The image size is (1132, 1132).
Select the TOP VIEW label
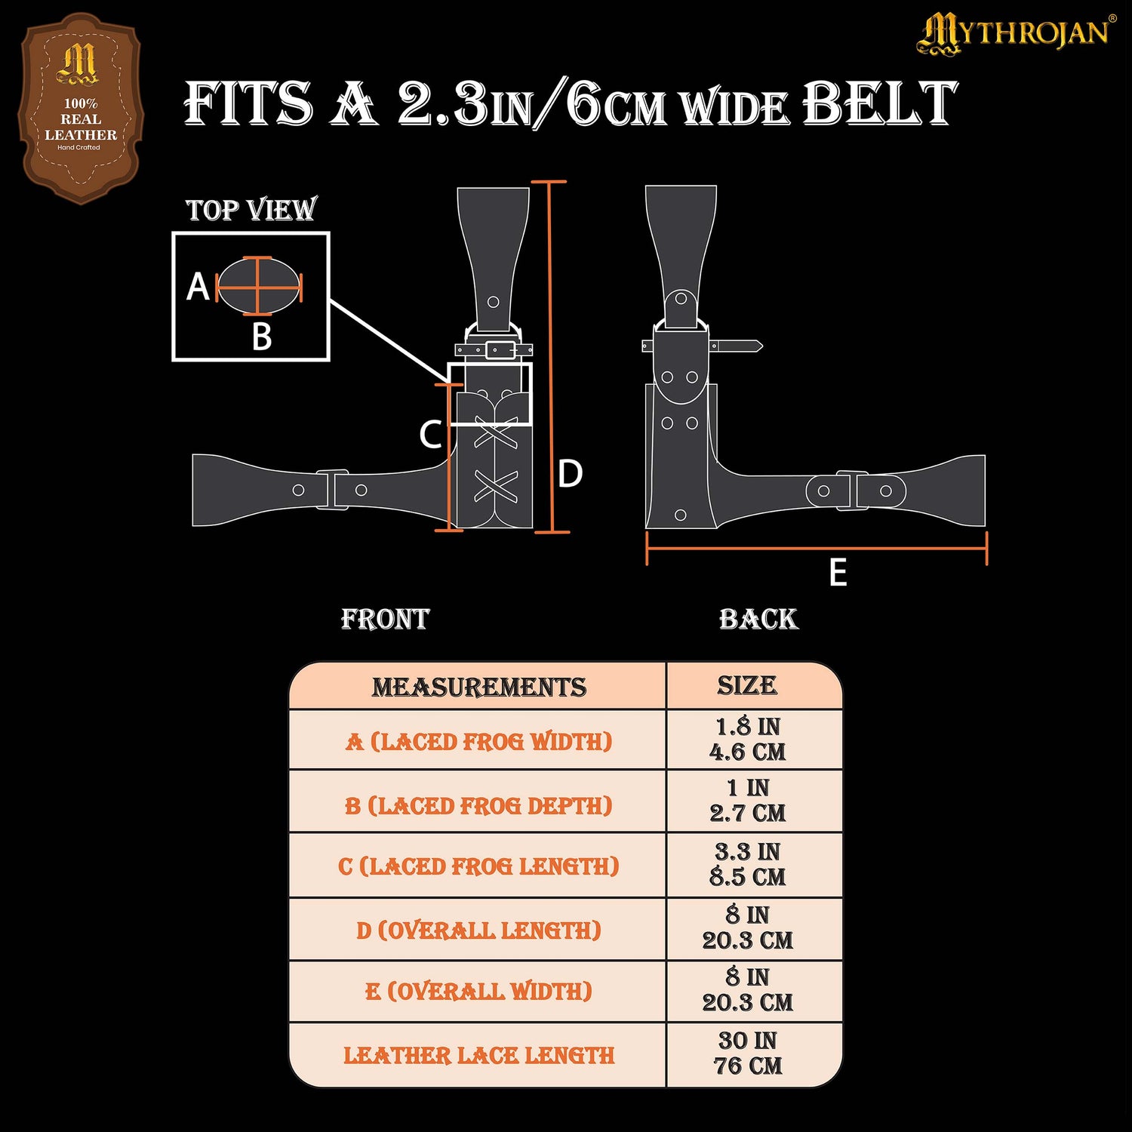tap(251, 210)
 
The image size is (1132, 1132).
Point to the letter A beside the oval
tap(198, 287)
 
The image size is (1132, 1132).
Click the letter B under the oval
tap(261, 337)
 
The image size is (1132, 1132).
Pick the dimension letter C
tap(430, 435)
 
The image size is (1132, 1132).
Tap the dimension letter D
tap(570, 474)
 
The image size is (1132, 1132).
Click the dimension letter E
tap(838, 573)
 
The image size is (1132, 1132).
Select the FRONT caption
tap(385, 620)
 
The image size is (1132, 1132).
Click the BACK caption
tap(758, 620)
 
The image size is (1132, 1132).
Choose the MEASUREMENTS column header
tap(478, 688)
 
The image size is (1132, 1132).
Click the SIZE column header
tap(747, 685)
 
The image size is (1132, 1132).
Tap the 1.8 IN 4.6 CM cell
tap(747, 740)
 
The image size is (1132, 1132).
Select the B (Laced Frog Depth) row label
tap(478, 806)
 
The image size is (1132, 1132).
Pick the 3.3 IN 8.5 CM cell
tap(747, 865)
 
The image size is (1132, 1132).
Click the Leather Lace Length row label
tap(478, 1055)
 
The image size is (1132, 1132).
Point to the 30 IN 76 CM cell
tap(747, 1054)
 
